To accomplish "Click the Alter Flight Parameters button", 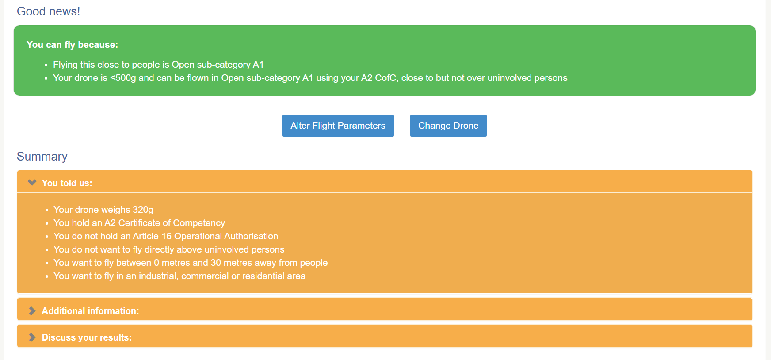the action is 338,126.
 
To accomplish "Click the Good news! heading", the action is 49,11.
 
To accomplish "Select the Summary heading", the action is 42,157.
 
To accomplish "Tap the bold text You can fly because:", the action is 72,45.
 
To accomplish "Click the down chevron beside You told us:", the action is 32,183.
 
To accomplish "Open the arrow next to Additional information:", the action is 32,311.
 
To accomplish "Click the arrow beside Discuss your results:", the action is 32,337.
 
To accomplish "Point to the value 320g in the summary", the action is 143,210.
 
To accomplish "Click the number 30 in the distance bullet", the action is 216,263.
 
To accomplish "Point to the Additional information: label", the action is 90,311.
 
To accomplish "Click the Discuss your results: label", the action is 87,337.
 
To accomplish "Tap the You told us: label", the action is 67,183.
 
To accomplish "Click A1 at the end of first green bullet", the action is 258,65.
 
